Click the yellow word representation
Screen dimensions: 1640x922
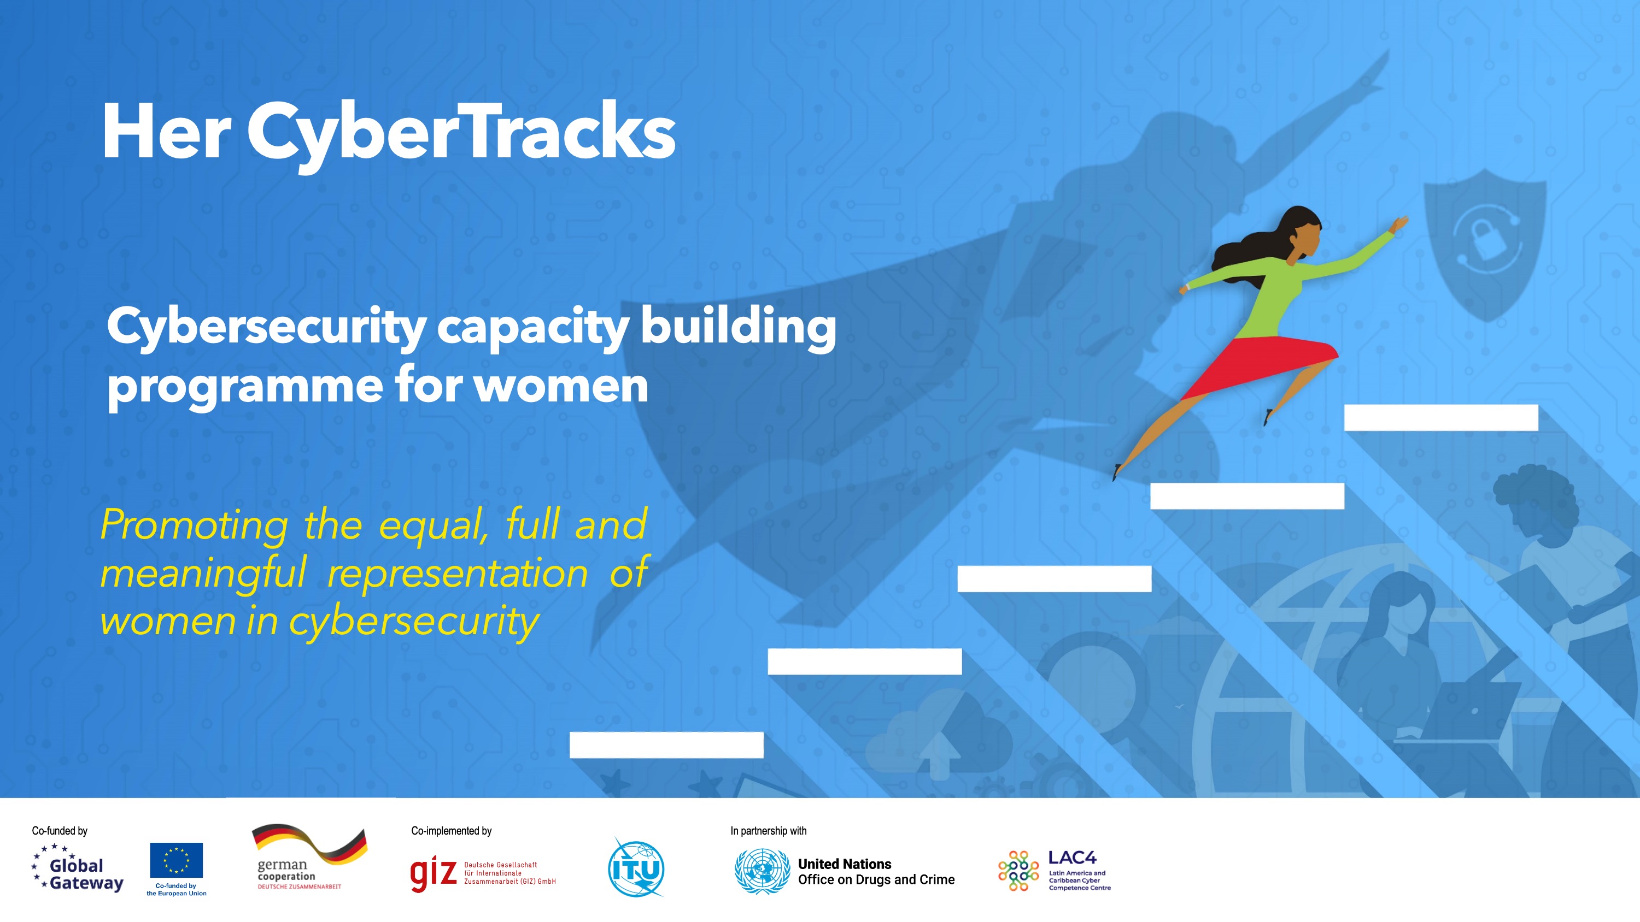click(458, 572)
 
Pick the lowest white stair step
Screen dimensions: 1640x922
click(666, 744)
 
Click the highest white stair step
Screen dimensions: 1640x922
click(1440, 417)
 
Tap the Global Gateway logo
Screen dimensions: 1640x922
click(77, 867)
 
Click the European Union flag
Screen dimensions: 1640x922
click(177, 860)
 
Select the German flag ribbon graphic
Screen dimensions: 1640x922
click(310, 844)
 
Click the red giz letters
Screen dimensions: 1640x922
click(433, 874)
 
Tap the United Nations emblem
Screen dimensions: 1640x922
click(762, 871)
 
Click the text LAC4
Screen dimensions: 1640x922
click(1072, 858)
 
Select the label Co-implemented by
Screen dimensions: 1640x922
click(452, 830)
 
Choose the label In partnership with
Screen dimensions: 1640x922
click(769, 830)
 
